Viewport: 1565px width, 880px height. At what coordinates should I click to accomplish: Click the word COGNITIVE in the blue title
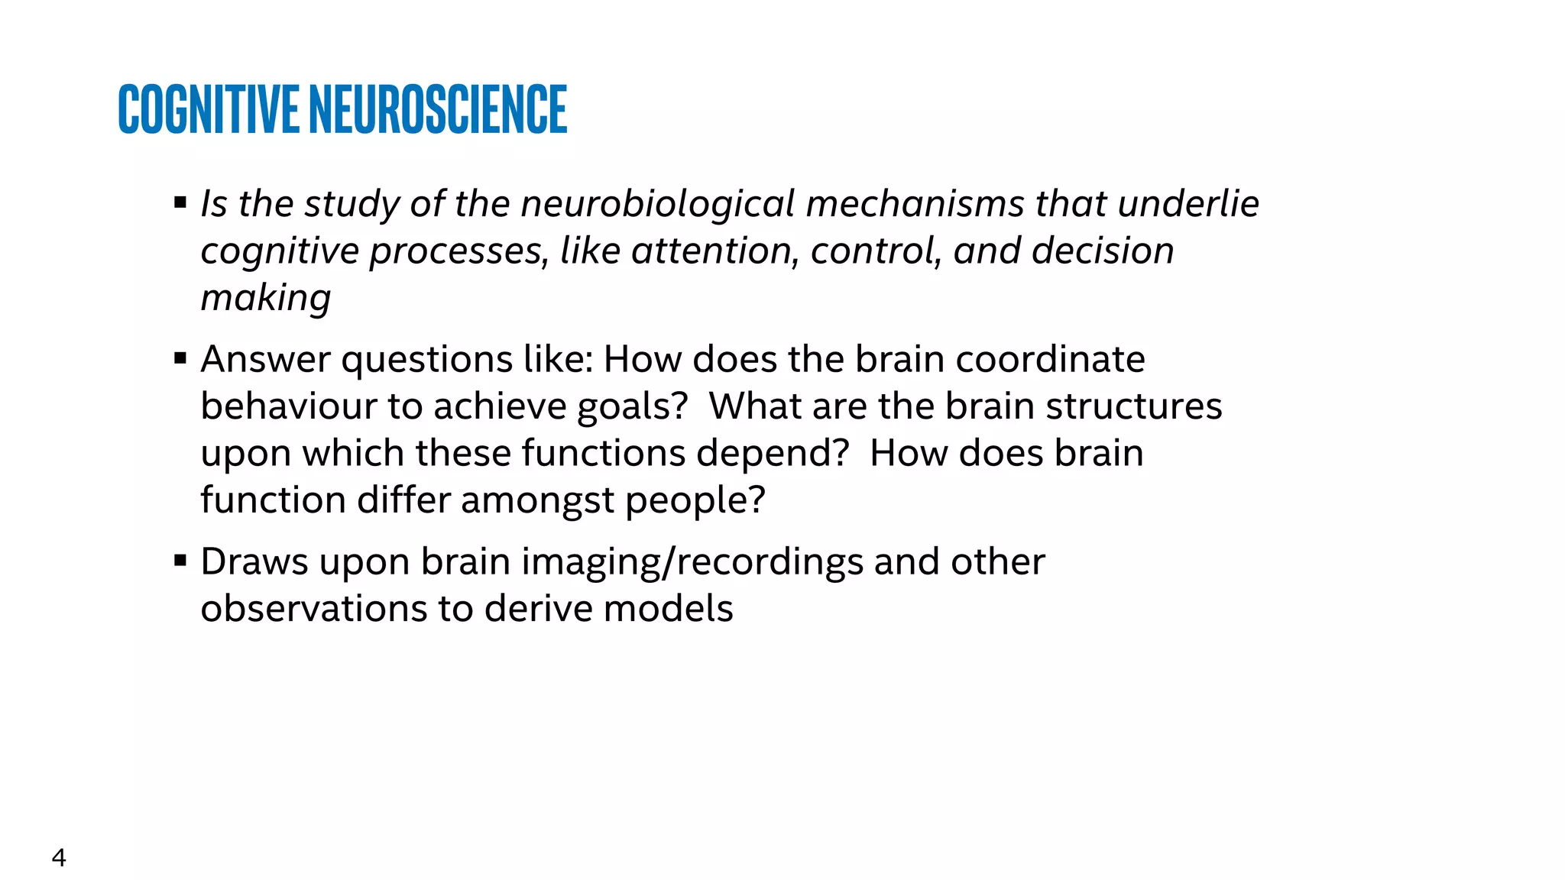pos(208,109)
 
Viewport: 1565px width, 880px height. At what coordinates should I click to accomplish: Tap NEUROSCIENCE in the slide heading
pos(438,109)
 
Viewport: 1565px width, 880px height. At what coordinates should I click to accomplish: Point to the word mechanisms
pos(915,204)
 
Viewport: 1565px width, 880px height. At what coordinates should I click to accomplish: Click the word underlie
pos(1188,204)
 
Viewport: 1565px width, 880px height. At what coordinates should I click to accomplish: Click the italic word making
pos(265,299)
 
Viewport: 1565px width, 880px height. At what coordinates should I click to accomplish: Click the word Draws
pos(254,562)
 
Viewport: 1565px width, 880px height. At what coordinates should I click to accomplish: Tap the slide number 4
pos(59,858)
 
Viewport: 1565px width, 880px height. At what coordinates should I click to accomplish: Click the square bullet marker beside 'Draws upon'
pos(180,561)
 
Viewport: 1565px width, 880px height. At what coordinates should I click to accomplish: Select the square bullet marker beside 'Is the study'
pos(180,203)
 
